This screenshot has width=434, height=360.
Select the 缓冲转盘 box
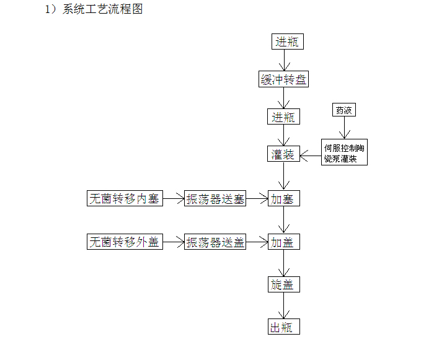click(283, 79)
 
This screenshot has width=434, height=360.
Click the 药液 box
click(344, 110)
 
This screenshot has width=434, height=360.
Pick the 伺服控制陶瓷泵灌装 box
click(344, 152)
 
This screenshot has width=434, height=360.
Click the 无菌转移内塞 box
click(125, 198)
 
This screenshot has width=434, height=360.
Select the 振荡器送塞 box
click(215, 198)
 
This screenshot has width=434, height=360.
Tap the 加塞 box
click(284, 198)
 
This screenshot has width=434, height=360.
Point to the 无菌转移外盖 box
click(125, 242)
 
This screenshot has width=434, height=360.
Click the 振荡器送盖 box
click(215, 242)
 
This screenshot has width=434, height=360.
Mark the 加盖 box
click(284, 242)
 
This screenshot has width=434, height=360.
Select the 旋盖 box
click(284, 284)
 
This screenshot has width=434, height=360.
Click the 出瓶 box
click(284, 327)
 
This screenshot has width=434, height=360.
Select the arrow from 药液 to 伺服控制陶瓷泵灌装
click(345, 128)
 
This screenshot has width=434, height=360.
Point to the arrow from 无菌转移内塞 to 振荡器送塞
click(174, 199)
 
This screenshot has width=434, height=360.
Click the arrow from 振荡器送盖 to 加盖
click(257, 242)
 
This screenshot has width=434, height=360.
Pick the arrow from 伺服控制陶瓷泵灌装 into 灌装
click(311, 155)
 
